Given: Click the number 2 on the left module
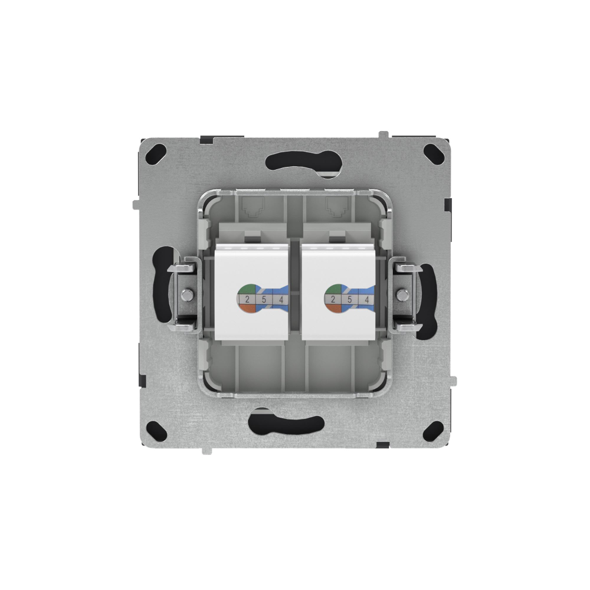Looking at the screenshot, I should [x=246, y=300].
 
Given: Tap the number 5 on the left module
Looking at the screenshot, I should [x=264, y=300].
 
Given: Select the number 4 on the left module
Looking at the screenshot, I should [x=281, y=300].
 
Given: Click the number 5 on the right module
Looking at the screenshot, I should [x=350, y=300].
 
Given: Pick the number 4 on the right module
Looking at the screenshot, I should [x=368, y=300].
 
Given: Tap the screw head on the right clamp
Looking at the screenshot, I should [x=403, y=293].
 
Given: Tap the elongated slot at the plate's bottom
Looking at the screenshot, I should [x=287, y=422].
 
